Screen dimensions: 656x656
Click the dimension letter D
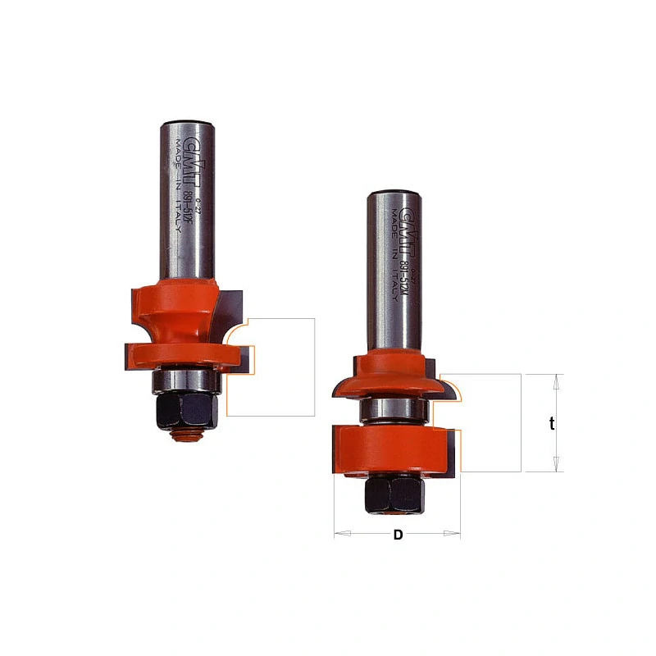[399, 535]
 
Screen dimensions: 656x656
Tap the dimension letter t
[552, 424]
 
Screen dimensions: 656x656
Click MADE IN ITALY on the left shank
[176, 185]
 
